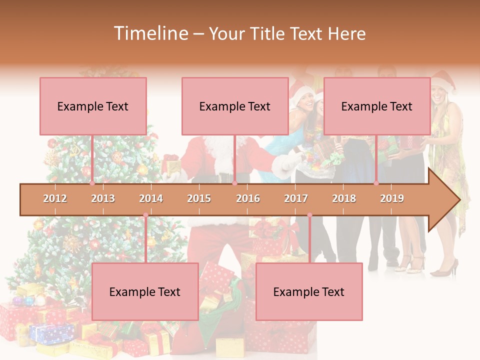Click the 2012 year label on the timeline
[x=55, y=198]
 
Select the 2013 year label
[x=103, y=198]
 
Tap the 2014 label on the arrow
[x=151, y=198]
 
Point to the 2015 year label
[x=199, y=198]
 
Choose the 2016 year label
[x=248, y=198]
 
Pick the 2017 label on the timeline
[x=296, y=198]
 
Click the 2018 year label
[x=344, y=198]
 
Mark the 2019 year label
[x=392, y=198]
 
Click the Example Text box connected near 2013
[x=93, y=106]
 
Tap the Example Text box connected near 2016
[x=235, y=106]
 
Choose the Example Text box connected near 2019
[x=377, y=106]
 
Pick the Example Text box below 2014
[x=145, y=291]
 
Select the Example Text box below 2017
[x=309, y=291]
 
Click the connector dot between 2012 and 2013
[x=92, y=183]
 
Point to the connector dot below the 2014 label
[x=145, y=215]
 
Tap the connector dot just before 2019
[x=376, y=183]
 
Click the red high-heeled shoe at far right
[x=444, y=269]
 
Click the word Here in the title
[x=346, y=34]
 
